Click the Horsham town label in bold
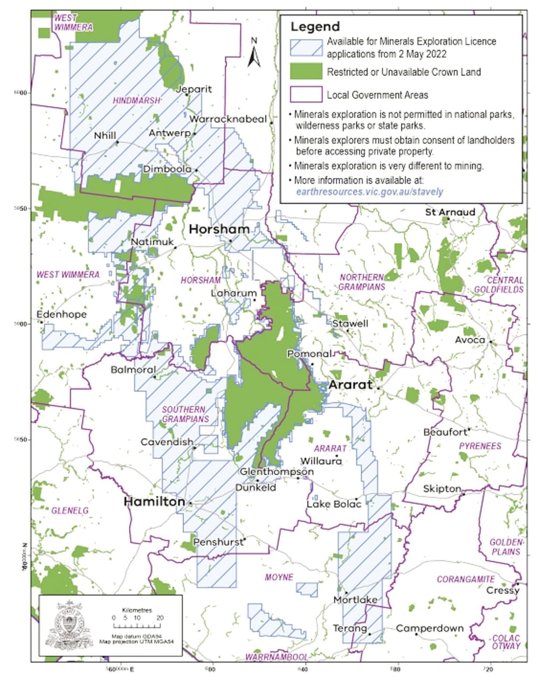point(219,229)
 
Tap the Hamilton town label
point(154,502)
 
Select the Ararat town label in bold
point(350,385)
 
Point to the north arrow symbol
point(254,53)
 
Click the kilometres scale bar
point(138,626)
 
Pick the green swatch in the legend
point(306,72)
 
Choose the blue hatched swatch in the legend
point(306,48)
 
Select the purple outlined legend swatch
point(306,95)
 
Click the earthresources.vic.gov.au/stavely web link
point(369,191)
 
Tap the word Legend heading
point(315,26)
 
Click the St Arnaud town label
point(450,212)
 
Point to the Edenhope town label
point(61,314)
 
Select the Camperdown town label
point(430,628)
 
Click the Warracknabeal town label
point(229,119)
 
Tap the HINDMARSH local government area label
point(136,101)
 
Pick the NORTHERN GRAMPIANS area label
point(362,282)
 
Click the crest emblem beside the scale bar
point(69,625)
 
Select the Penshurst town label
point(218,542)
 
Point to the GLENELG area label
point(70,510)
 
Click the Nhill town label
point(105,136)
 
